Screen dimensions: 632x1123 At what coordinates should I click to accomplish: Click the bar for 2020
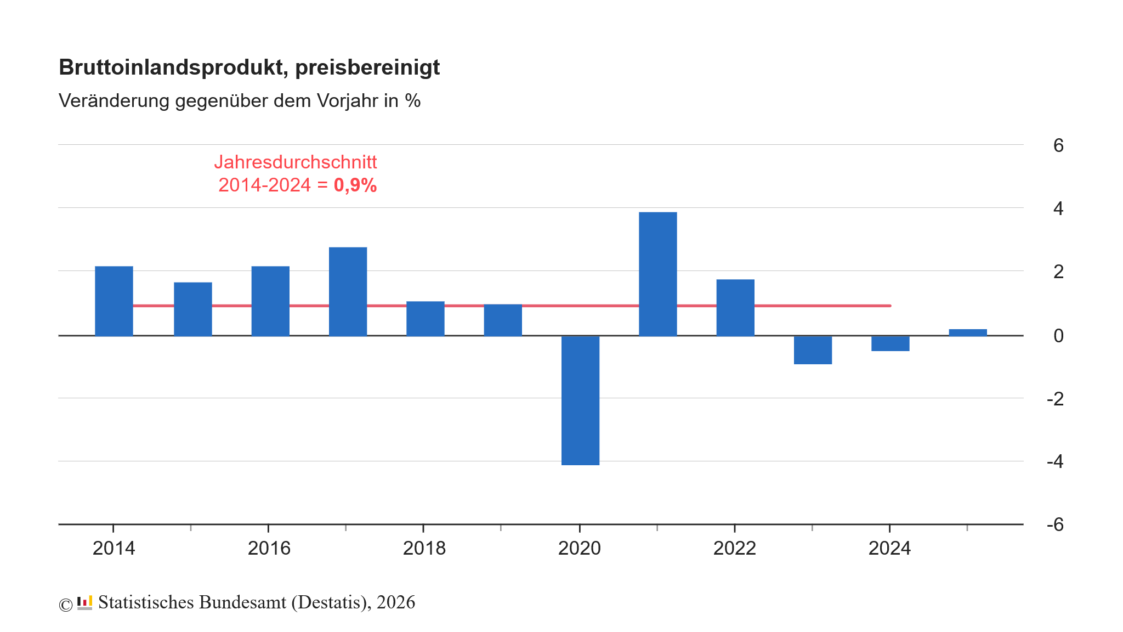tap(580, 400)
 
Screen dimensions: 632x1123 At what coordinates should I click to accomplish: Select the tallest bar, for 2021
tap(657, 274)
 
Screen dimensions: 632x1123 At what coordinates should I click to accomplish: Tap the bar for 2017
tap(348, 291)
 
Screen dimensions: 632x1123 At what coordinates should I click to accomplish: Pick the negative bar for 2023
tap(813, 350)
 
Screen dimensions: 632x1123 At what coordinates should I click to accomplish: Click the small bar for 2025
tap(967, 332)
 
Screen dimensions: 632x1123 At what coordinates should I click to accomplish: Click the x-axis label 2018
tap(424, 548)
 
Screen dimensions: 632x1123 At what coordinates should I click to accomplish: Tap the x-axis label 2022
tap(734, 548)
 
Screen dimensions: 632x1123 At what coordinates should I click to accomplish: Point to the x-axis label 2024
tap(889, 548)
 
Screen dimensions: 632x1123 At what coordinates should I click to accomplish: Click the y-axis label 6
tap(1058, 145)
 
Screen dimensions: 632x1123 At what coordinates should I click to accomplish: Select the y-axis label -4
tap(1055, 461)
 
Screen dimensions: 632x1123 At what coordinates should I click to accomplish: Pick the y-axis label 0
tap(1058, 335)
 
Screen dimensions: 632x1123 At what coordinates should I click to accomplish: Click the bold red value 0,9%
tap(355, 185)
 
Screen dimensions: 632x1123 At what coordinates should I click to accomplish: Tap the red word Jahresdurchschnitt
tap(296, 162)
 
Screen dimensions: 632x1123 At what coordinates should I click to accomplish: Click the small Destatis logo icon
tap(84, 603)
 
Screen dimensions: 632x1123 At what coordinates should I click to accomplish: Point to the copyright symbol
tap(66, 605)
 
